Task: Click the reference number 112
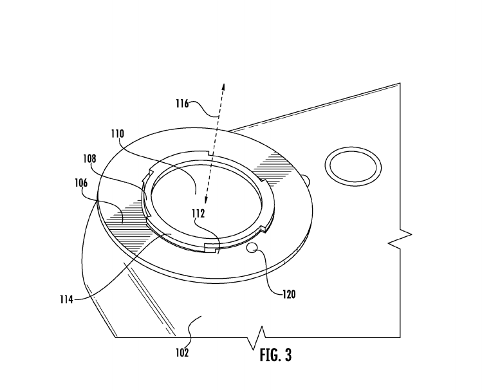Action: (198, 213)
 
